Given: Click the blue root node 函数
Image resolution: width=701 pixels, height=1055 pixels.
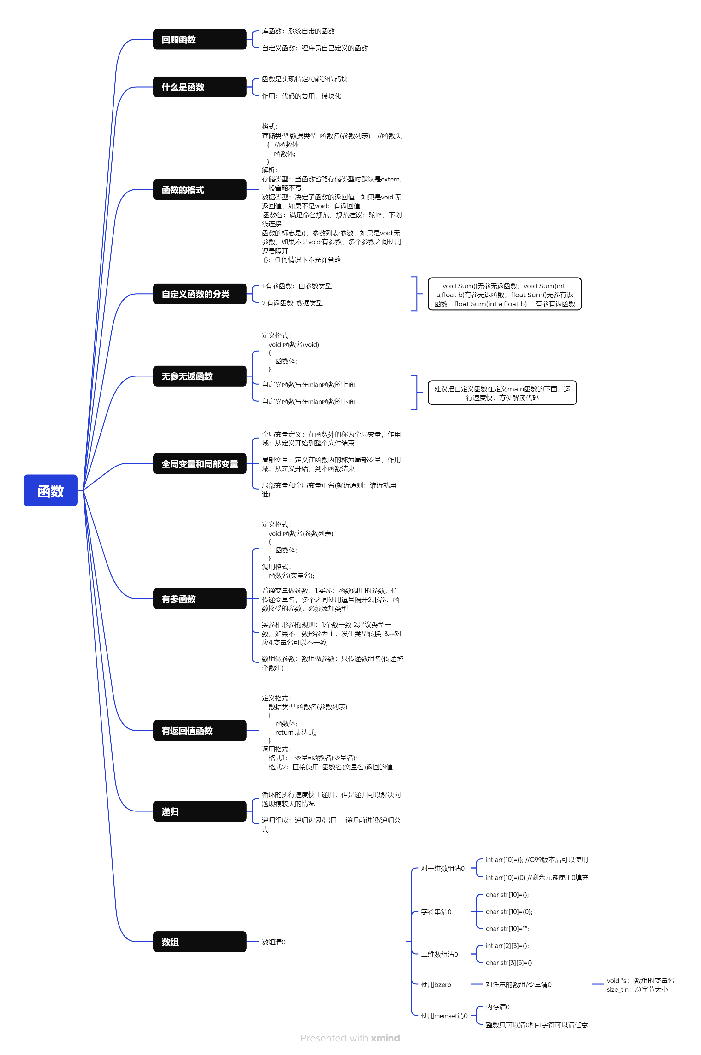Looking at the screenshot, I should coord(50,490).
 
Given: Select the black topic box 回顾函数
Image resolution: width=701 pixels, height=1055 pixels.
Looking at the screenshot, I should coord(200,39).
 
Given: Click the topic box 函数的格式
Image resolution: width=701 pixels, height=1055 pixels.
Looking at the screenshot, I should coord(200,189).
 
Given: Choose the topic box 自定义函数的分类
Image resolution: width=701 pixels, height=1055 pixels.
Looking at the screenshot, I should coord(200,294).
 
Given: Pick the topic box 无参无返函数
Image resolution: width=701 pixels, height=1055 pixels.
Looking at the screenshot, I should coord(200,376).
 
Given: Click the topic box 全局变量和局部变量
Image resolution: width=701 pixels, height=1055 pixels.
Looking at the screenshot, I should coord(200,463).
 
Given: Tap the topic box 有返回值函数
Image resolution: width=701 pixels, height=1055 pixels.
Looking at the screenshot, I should coord(200,730).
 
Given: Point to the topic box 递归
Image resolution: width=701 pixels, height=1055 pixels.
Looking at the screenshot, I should coord(200,811).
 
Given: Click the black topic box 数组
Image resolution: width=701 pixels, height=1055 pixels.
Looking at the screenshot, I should coord(200,942).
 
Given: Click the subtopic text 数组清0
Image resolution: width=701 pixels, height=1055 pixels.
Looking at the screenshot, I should coord(273,942).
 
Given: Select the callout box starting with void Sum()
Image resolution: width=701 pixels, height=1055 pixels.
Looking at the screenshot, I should coord(504,294).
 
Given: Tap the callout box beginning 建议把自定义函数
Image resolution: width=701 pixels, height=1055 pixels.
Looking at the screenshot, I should coord(502,393).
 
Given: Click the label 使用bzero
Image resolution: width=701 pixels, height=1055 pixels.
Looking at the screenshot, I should coord(436,984).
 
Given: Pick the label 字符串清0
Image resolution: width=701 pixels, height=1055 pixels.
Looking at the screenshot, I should coord(436,912).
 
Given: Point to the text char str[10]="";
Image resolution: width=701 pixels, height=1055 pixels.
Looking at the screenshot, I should coord(507,929).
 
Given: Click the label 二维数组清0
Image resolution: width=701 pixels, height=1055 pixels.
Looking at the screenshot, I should coord(439,954).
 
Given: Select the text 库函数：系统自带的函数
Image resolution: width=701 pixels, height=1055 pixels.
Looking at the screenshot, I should coord(298,31).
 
